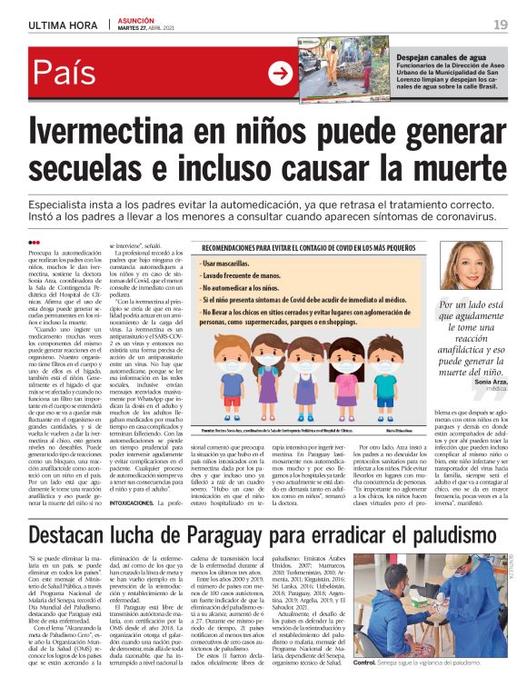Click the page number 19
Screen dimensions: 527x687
click(x=501, y=24)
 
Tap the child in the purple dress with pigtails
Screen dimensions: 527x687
click(x=270, y=371)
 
